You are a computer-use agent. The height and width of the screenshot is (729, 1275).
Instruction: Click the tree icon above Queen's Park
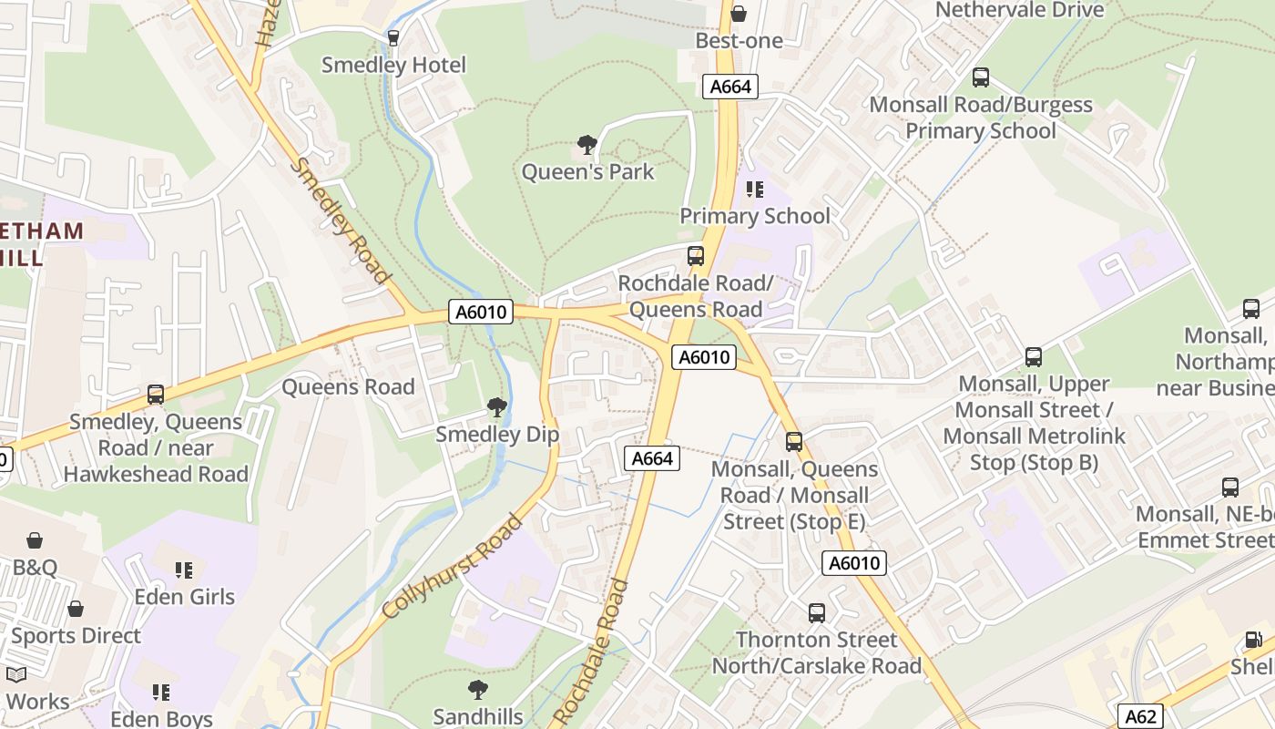point(587,144)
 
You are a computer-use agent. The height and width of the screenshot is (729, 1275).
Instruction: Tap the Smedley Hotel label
point(393,65)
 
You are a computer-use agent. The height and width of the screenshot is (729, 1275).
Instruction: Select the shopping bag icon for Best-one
point(739,14)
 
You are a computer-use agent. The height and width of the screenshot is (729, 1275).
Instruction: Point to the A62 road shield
point(1140,716)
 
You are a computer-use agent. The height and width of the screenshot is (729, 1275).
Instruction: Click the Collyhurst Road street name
point(453,567)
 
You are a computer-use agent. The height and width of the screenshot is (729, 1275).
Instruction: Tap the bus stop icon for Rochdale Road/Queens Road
point(696,256)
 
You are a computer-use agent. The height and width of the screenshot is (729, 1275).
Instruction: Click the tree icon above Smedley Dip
point(496,406)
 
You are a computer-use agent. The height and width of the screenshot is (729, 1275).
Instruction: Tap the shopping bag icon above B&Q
point(35,540)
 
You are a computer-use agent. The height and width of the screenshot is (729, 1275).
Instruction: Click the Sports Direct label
point(76,635)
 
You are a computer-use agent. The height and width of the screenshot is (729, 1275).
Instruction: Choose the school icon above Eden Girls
point(184,570)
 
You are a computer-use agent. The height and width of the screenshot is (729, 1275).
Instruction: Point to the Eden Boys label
point(161,719)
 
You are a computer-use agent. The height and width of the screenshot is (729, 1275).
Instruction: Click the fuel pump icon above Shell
point(1254,641)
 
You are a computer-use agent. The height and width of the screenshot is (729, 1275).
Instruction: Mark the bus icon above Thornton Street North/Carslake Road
point(817,612)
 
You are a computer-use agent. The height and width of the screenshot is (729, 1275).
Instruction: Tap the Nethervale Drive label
point(1019,10)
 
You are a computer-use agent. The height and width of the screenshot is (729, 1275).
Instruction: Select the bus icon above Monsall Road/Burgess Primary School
point(981,77)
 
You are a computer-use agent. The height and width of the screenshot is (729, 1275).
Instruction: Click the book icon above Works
point(16,675)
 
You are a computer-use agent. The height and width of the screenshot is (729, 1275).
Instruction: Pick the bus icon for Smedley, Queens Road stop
point(156,395)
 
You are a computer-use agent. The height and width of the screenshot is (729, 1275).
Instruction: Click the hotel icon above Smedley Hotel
point(393,37)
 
